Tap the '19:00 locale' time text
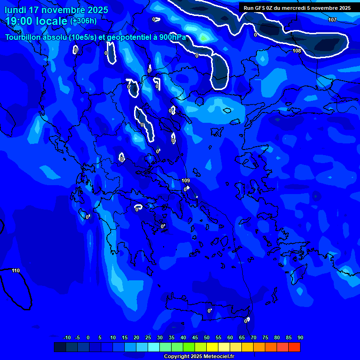point(37,21)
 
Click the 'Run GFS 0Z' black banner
point(297,8)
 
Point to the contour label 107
point(332,20)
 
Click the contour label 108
point(297,51)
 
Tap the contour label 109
point(186,180)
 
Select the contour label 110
point(15,270)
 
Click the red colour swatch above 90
point(294,347)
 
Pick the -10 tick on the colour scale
point(67,337)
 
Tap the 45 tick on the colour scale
point(195,337)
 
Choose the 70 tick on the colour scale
point(254,337)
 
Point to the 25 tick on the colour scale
point(148,337)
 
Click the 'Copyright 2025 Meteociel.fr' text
point(199,356)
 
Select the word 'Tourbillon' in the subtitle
point(25,37)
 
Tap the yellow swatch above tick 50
point(212,347)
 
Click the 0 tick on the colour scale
point(88,337)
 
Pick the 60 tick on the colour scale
point(230,337)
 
